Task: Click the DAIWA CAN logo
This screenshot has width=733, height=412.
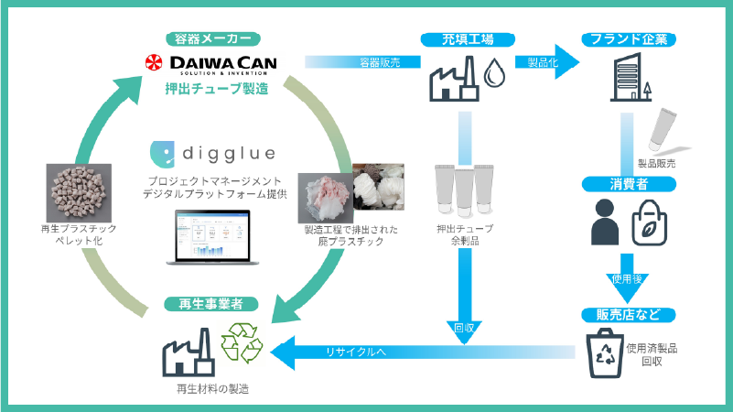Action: [x=212, y=63]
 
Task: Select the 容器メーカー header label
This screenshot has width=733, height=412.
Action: [x=212, y=39]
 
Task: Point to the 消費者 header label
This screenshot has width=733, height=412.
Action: [x=629, y=184]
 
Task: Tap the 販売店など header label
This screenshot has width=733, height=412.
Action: [x=629, y=315]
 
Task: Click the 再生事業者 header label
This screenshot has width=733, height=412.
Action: [x=211, y=303]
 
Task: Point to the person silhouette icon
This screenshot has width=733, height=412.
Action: [x=605, y=222]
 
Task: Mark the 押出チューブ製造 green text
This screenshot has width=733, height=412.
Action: [x=211, y=89]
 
